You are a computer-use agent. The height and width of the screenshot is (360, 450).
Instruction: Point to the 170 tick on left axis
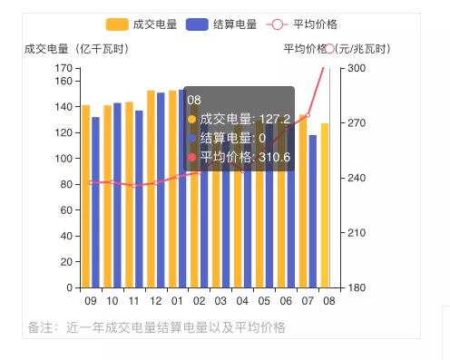click(x=63, y=68)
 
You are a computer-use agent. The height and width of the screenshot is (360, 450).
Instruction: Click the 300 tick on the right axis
click(x=357, y=68)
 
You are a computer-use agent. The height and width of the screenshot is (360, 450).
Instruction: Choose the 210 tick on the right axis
click(x=357, y=233)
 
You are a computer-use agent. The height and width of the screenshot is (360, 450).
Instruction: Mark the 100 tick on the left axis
click(x=63, y=159)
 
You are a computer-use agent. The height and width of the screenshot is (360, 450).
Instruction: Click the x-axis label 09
click(x=91, y=301)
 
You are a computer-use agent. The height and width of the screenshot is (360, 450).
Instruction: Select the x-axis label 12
click(x=156, y=301)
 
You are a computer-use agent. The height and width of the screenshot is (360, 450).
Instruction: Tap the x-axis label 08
click(x=328, y=301)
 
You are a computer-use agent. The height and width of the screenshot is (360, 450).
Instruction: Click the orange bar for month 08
click(x=324, y=206)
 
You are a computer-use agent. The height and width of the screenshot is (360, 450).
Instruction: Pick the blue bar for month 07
click(x=313, y=211)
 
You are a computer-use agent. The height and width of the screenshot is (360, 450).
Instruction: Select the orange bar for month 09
click(x=85, y=197)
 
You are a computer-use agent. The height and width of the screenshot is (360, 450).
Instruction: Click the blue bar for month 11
click(x=139, y=199)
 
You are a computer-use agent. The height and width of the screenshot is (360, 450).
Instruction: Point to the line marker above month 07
click(x=308, y=115)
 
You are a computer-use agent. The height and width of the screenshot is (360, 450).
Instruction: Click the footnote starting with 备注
click(x=156, y=326)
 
